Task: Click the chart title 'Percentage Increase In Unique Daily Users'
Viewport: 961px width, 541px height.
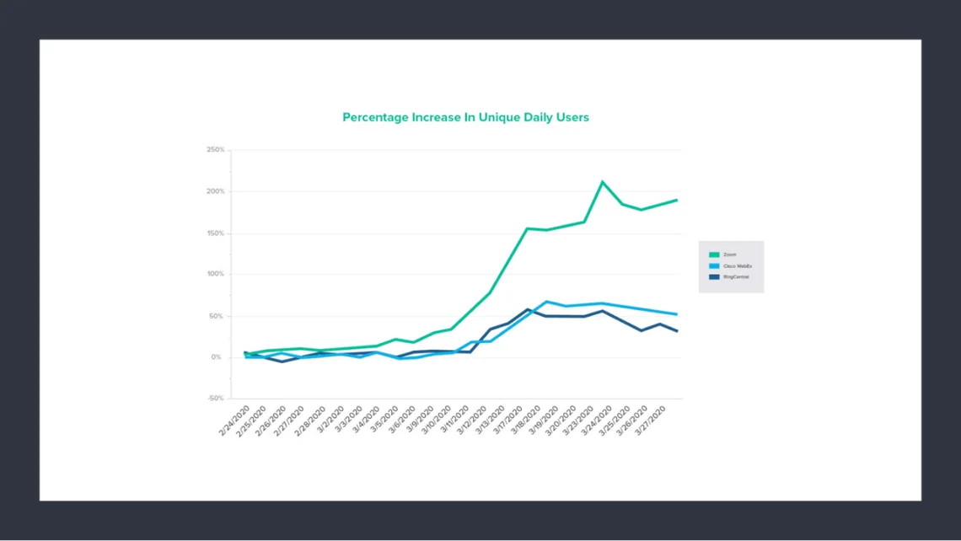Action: click(465, 117)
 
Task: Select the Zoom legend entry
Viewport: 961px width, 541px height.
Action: click(729, 254)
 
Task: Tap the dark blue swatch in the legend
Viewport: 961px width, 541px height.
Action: click(714, 276)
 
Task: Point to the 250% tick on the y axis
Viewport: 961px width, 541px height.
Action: click(215, 150)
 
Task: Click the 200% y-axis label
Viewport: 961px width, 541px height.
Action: click(215, 191)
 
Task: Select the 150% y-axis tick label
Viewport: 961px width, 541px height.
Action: click(215, 233)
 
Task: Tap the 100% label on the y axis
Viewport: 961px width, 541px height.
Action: click(215, 274)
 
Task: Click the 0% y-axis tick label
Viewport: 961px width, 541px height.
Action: click(217, 357)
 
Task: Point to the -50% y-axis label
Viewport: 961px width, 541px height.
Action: click(215, 399)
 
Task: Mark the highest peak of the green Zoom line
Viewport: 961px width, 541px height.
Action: click(603, 181)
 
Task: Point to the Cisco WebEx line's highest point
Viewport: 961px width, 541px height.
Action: click(546, 302)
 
